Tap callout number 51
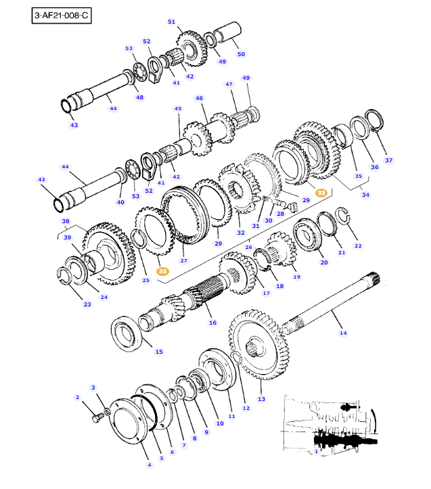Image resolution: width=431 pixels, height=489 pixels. pos(171,22)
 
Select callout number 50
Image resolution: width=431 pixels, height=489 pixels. pos(241,53)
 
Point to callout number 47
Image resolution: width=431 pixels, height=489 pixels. pos(229,85)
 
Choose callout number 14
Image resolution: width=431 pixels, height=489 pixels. pos(342,333)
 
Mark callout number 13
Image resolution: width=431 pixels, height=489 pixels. pos(262,399)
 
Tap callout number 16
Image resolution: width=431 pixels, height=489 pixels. pos(212,323)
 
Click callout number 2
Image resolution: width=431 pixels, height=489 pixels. pos(77,398)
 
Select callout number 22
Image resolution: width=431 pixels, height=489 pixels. pos(358,246)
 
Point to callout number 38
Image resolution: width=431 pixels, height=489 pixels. pos(66,221)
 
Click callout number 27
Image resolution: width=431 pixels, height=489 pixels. pos(183,260)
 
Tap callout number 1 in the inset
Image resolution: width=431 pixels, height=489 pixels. pos(315,451)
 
